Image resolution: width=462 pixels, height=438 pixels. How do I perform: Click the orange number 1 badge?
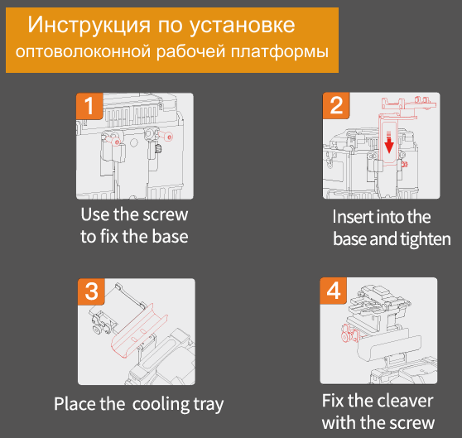coord(89,106)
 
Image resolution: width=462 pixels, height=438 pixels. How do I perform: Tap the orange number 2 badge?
coord(336,105)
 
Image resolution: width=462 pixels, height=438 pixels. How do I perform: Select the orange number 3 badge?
coord(91,291)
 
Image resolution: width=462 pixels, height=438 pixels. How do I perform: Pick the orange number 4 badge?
coord(334,291)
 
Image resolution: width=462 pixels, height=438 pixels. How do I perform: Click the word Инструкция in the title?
coord(89,25)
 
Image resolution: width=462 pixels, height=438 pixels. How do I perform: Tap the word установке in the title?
coord(242,26)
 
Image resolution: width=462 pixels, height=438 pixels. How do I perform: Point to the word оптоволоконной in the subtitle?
coord(84,52)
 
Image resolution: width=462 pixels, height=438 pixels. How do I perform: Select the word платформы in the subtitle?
coord(280,52)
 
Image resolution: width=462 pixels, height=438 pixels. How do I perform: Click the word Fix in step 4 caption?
coord(333,402)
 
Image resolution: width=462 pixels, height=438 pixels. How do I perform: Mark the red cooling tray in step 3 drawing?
coord(138,331)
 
